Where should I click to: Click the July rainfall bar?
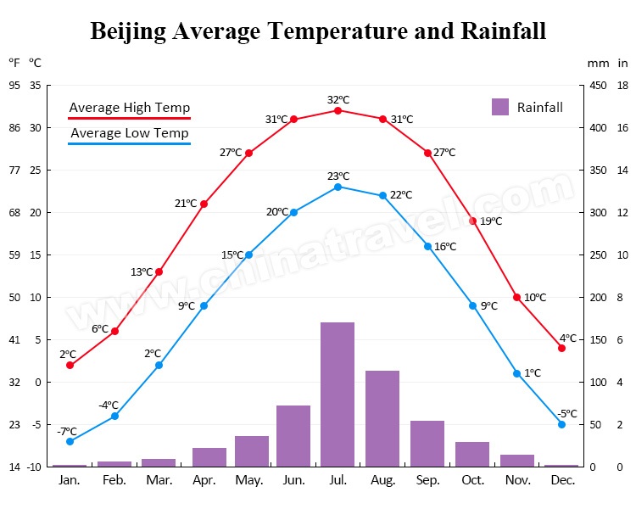click(x=338, y=394)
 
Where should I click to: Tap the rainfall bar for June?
click(x=293, y=436)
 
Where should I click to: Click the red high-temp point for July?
click(x=338, y=110)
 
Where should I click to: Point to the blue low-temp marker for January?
click(x=70, y=441)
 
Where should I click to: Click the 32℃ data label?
click(x=338, y=99)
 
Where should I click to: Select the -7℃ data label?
click(x=67, y=431)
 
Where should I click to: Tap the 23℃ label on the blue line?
click(x=338, y=176)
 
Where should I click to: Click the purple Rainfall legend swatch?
click(x=500, y=107)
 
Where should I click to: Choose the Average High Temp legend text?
click(x=129, y=108)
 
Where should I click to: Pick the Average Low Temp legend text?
click(x=129, y=133)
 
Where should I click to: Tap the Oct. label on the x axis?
click(x=472, y=480)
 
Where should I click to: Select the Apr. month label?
click(x=204, y=480)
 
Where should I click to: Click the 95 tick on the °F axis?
click(x=14, y=85)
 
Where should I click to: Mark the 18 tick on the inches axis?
click(x=622, y=85)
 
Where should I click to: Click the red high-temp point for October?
click(x=473, y=221)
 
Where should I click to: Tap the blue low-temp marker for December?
click(x=561, y=424)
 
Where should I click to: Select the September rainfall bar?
click(x=427, y=444)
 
